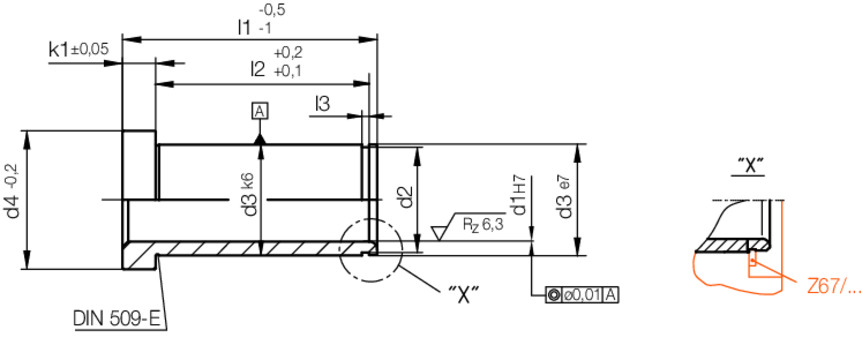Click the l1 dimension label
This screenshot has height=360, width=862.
pos(243,26)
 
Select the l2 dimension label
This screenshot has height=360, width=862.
pos(258,68)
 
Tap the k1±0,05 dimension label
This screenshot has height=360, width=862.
pos(77,48)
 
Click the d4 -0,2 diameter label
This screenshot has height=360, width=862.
pos(13,199)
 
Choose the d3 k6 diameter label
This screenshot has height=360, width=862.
pos(249,195)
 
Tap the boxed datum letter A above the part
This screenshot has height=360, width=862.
pos(260,111)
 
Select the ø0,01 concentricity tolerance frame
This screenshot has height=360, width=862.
pos(583,294)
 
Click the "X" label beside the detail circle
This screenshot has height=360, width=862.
pos(463,292)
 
